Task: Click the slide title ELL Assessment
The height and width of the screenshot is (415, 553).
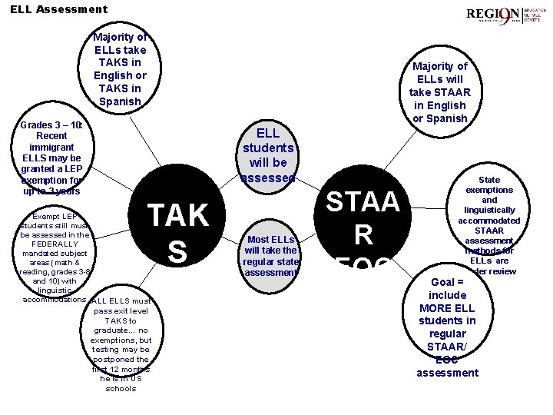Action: pyautogui.click(x=59, y=10)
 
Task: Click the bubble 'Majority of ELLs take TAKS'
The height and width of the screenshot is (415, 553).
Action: pyautogui.click(x=120, y=69)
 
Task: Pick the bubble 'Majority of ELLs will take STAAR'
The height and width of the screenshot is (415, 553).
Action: pyautogui.click(x=439, y=92)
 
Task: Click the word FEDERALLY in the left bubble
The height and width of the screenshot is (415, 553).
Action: pyautogui.click(x=53, y=244)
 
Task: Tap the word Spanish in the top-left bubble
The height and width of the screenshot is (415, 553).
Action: pyautogui.click(x=120, y=101)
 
